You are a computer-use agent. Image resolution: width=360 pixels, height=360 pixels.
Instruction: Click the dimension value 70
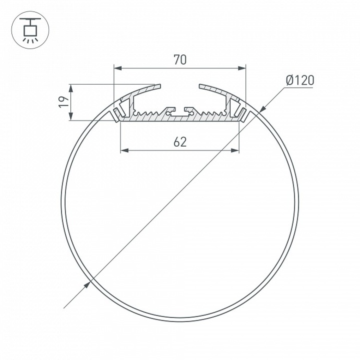pos(179,60)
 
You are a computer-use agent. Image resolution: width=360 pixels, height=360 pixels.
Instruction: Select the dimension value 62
pos(179,142)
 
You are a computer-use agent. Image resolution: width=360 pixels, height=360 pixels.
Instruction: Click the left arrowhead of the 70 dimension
pos(117,68)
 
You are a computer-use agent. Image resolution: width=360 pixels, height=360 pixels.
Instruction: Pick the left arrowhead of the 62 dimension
pos(124,151)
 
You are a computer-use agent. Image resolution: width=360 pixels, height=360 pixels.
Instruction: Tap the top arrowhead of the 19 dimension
pos(71,87)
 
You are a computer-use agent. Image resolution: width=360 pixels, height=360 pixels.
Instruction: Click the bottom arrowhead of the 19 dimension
pos(71,117)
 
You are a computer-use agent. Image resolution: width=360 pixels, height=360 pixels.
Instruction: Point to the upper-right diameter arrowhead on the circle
pos(261,109)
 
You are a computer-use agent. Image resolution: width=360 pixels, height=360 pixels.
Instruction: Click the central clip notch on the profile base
pos(179,111)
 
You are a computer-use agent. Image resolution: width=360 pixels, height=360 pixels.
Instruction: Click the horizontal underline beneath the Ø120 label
pos(298,88)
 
